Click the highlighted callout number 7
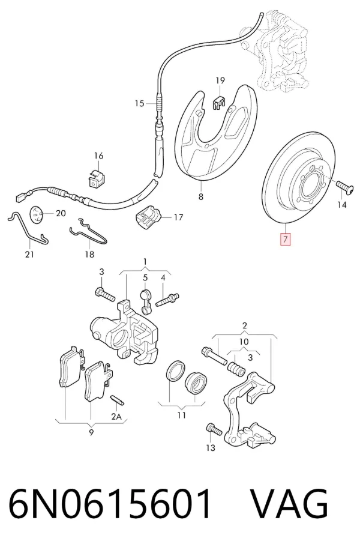pos(286,239)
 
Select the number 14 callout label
pos(341,204)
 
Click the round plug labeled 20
pos(37,214)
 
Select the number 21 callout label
pos(30,254)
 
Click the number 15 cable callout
pos(140,103)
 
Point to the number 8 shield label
pos(200,197)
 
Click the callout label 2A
pos(116,416)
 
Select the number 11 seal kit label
pos(181,416)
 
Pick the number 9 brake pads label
pos(91,432)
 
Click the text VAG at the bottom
pos(290,504)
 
